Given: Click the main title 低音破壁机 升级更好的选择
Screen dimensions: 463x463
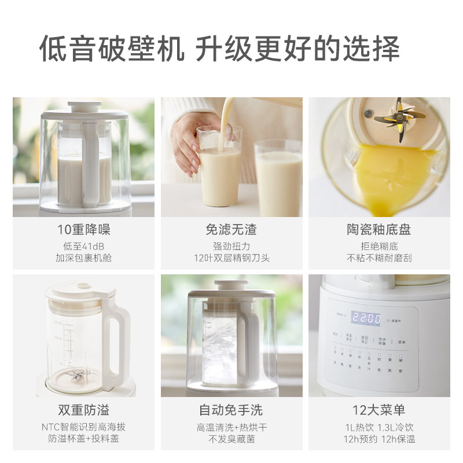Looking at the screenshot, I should (219, 49).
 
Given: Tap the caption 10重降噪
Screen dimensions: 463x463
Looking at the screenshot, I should (83, 230).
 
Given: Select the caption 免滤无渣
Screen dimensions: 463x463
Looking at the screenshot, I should (231, 230).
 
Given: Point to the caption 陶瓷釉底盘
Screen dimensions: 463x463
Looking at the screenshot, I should (379, 230).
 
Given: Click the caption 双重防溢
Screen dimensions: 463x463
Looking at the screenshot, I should (83, 410).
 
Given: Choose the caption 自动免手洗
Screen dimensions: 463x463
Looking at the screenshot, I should (231, 410).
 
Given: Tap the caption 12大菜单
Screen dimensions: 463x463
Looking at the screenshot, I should (379, 410).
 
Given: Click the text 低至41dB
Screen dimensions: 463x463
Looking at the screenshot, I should (83, 246).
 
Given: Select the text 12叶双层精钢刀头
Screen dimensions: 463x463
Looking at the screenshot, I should (231, 258).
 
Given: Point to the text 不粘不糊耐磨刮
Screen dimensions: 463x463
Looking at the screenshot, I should (379, 258).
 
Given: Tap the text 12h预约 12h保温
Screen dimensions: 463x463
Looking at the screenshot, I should (379, 439).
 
